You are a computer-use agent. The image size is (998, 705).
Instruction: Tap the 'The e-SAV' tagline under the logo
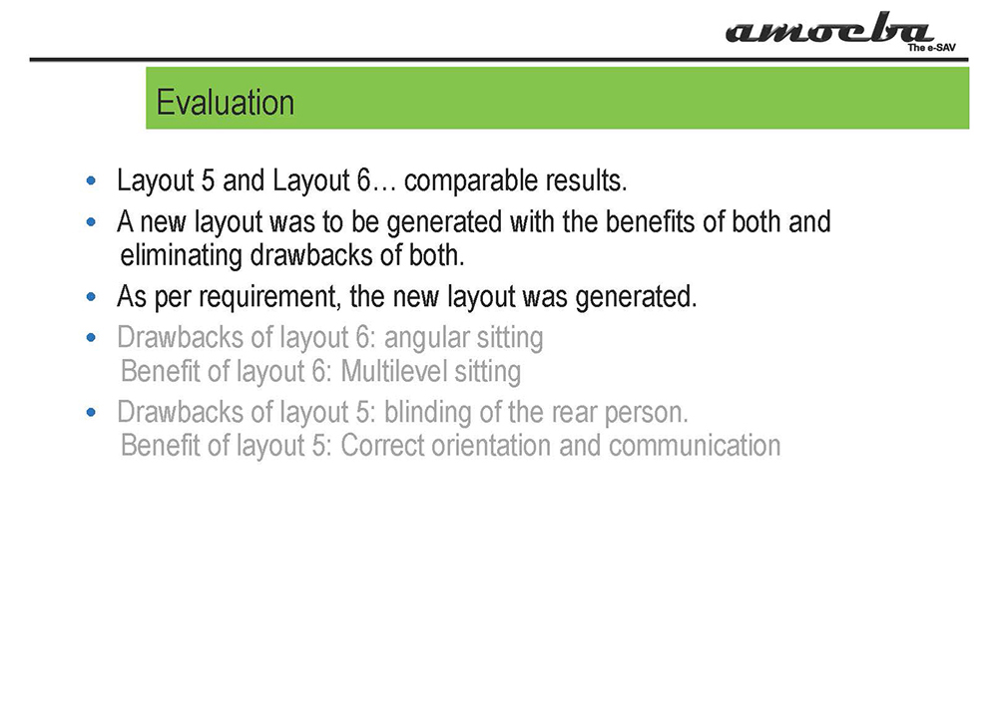(x=931, y=48)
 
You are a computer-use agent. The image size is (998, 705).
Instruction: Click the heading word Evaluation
(x=226, y=103)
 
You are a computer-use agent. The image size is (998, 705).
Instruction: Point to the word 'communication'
(x=695, y=446)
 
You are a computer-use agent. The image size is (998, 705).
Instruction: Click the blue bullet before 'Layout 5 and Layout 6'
(x=91, y=181)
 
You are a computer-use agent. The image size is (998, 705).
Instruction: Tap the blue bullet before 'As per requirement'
(x=91, y=297)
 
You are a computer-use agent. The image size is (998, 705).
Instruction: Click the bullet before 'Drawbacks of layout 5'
(x=91, y=413)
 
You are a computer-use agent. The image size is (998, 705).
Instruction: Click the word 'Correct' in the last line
(x=382, y=446)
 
